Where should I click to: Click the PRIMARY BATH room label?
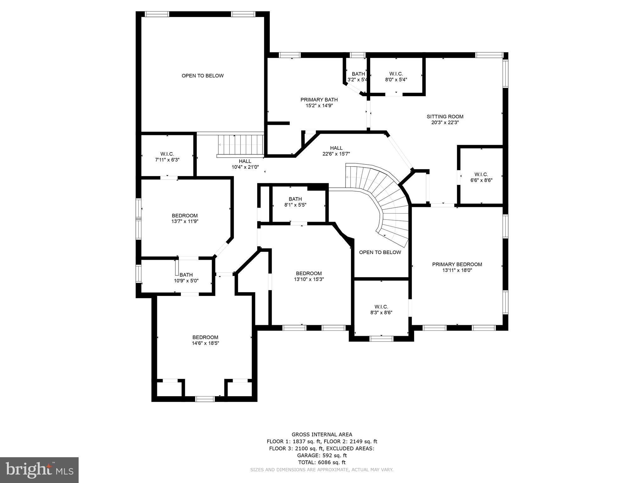319,100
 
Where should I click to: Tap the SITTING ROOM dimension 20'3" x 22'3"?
445,123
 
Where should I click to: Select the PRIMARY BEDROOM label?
457,264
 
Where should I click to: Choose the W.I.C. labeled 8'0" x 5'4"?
396,77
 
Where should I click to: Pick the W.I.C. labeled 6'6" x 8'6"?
481,177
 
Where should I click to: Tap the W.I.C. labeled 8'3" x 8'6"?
381,310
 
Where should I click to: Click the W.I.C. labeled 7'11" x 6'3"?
167,157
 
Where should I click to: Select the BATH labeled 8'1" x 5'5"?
295,202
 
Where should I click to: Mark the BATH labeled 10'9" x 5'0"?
186,278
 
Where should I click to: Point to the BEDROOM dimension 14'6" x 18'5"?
205,343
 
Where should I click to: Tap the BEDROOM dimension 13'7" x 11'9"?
185,221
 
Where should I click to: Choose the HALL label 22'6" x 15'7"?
336,151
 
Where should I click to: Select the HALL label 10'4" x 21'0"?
245,164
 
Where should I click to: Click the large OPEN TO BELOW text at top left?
203,76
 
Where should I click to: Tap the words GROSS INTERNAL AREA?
322,435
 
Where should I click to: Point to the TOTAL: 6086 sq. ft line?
322,462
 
